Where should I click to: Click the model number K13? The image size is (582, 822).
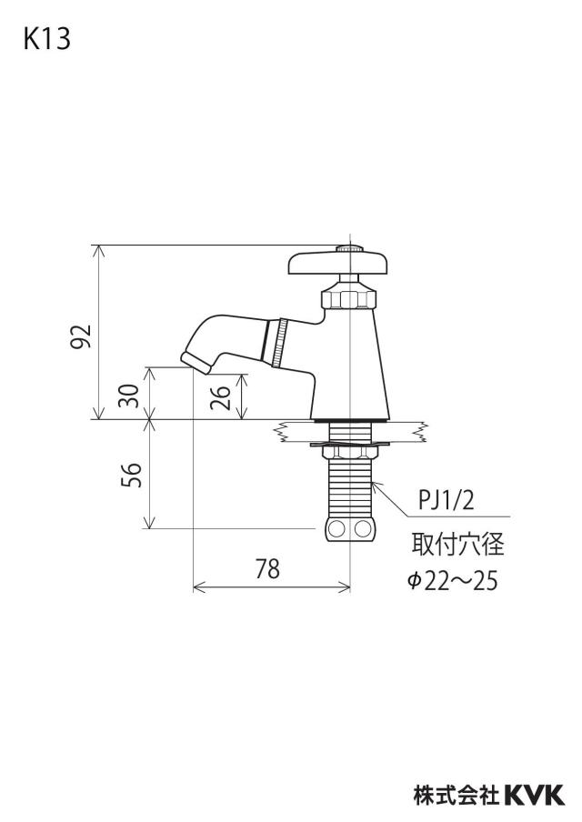click(46, 39)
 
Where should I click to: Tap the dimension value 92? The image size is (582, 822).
click(82, 336)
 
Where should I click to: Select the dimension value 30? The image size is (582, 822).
click(129, 396)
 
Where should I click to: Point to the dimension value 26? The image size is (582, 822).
click(220, 397)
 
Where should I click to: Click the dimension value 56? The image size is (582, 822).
click(131, 475)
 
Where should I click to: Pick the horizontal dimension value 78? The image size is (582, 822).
click(268, 569)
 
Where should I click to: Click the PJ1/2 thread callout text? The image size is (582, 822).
click(446, 500)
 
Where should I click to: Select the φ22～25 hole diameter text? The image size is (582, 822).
click(453, 581)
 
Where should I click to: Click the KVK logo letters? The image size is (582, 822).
click(535, 796)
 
